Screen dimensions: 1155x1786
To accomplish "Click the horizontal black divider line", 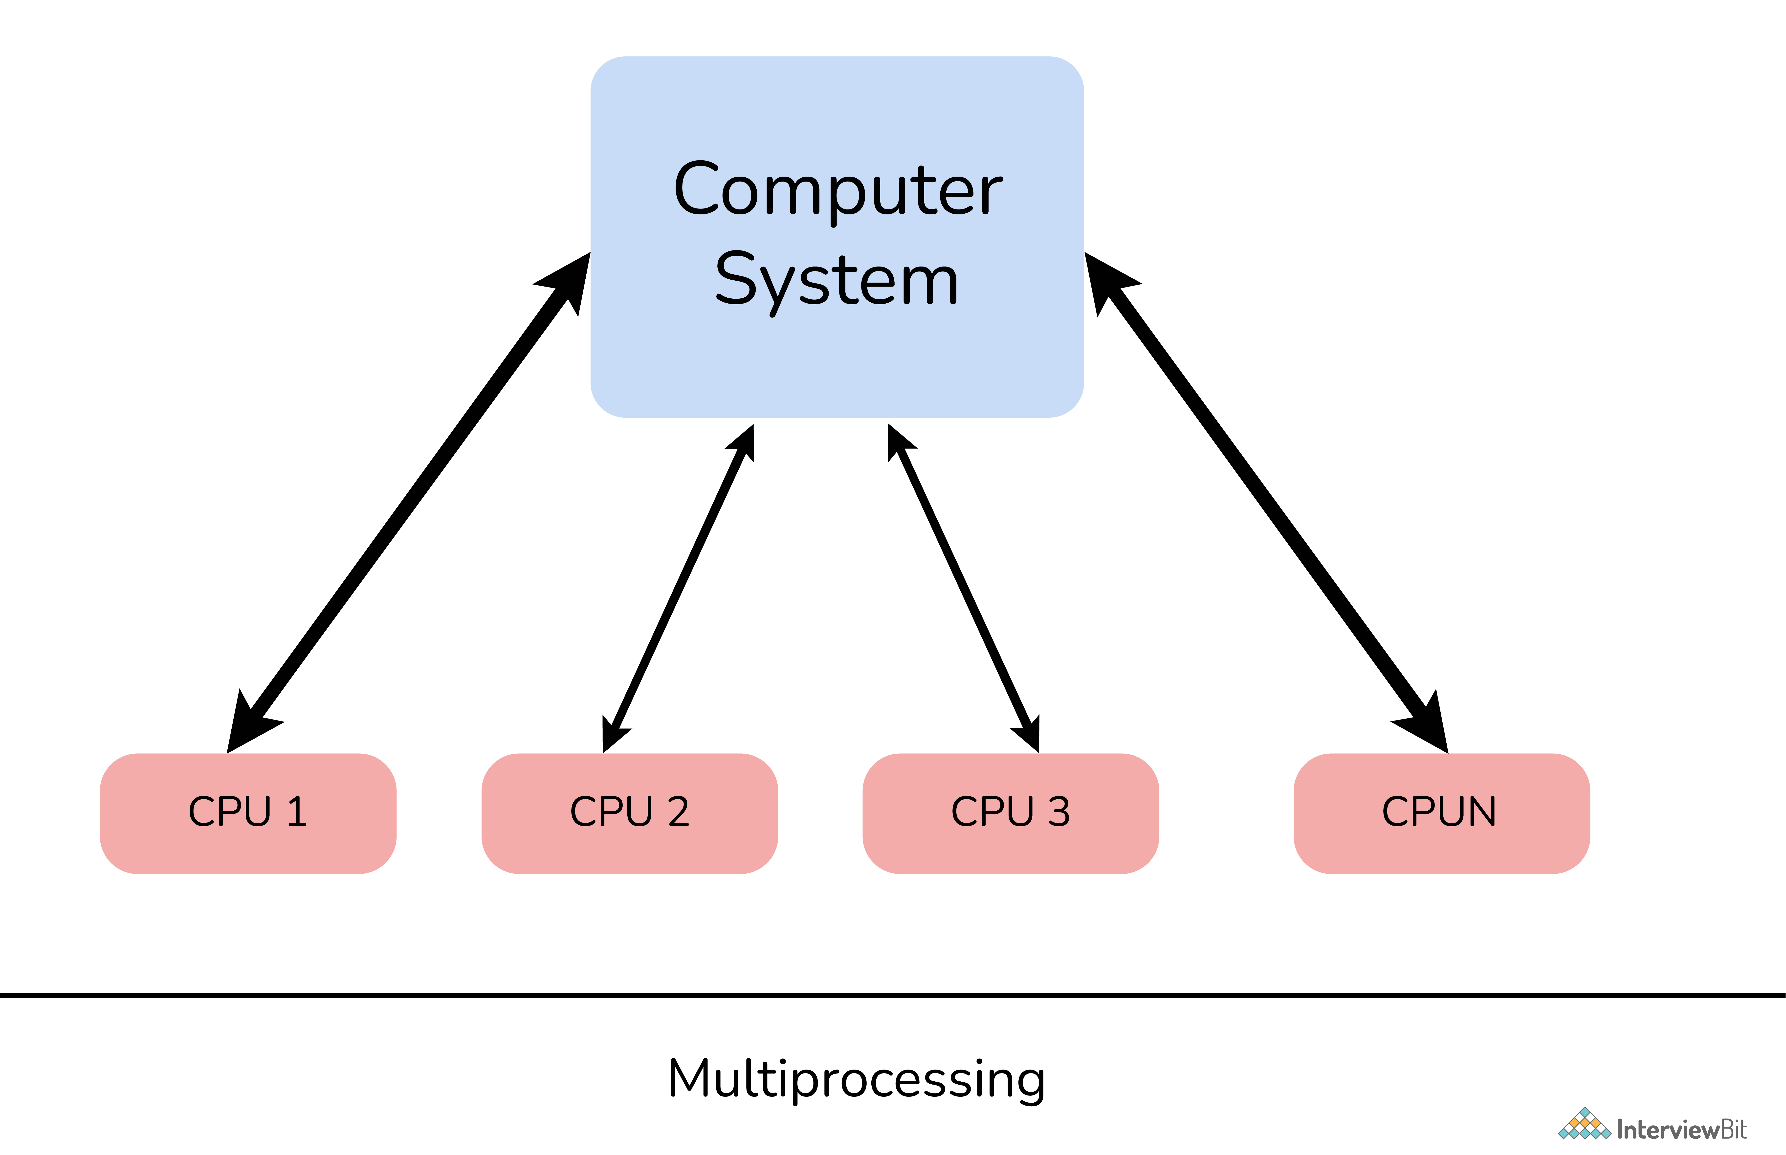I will [893, 995].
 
